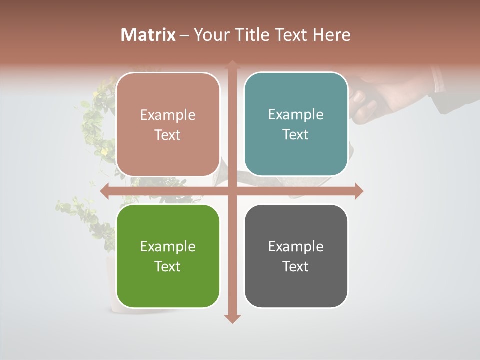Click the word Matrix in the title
[148, 35]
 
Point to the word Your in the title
[210, 35]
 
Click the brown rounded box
[168, 125]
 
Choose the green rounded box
[168, 256]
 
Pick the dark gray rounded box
[296, 256]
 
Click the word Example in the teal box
[296, 114]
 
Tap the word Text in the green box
[167, 266]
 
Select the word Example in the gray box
[296, 246]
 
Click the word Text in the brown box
[167, 135]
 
